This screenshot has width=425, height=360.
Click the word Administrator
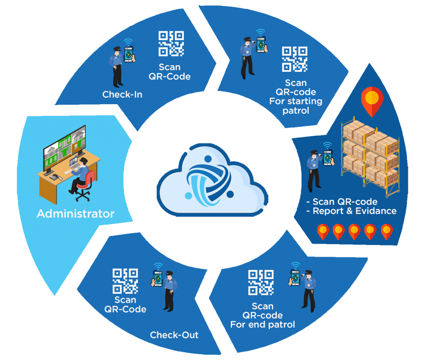(76, 214)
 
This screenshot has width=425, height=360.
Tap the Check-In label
(122, 95)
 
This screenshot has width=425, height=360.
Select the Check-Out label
(174, 335)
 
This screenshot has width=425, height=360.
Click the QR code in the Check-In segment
(171, 44)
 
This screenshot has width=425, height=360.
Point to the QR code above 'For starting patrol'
(295, 59)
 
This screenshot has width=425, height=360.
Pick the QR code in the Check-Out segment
(125, 281)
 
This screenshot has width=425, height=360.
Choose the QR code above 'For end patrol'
(261, 282)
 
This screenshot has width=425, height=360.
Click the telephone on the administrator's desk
(54, 177)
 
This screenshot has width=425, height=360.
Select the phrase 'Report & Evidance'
(354, 211)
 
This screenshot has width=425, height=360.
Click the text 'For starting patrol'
(296, 105)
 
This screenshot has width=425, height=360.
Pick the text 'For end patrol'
(263, 325)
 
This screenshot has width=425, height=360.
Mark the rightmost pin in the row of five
(386, 232)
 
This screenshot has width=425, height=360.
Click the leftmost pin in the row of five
(323, 232)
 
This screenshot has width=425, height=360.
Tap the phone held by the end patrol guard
(296, 277)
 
